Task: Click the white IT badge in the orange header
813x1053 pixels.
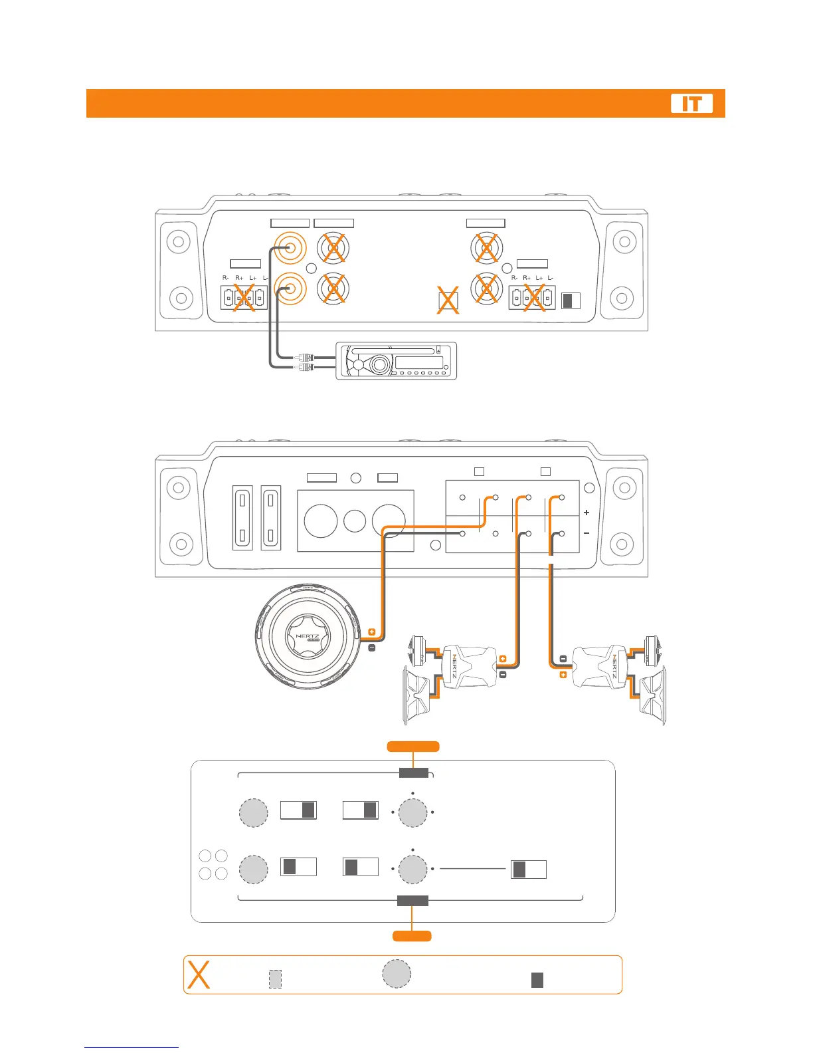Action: tap(691, 104)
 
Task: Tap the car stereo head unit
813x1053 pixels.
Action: tap(396, 361)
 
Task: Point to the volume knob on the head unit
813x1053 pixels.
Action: tap(379, 364)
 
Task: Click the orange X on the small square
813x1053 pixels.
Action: tap(448, 300)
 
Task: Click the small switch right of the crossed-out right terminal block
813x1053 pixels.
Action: tap(571, 300)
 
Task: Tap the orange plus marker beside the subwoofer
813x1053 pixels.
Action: tap(371, 632)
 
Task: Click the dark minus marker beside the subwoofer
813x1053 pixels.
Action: tap(371, 646)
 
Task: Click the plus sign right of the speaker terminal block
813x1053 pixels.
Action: tap(587, 513)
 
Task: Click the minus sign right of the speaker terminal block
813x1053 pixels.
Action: tap(587, 533)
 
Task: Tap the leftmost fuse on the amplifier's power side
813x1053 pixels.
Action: tap(242, 517)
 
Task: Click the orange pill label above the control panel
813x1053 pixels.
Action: tap(413, 746)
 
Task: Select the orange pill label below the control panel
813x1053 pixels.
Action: tap(412, 936)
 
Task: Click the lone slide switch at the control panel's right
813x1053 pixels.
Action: tap(528, 869)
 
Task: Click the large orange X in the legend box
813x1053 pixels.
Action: tap(199, 975)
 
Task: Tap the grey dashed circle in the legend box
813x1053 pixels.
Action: tap(397, 973)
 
